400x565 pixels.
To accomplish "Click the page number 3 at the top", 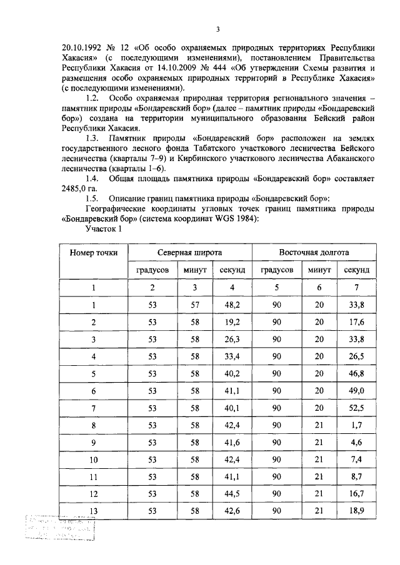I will point(217,29).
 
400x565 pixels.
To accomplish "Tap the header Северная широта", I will point(189,253).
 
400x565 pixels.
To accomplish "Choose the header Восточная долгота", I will point(314,253).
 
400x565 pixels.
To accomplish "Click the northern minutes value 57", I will point(194,305).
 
